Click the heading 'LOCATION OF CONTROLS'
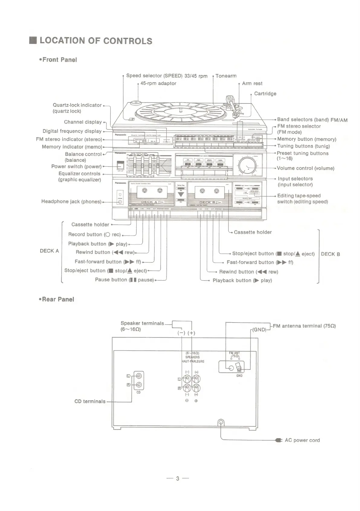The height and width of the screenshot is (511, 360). pyautogui.click(x=96, y=41)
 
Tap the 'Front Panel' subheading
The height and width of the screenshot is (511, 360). pyautogui.click(x=60, y=60)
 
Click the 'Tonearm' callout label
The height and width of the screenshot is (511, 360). pyautogui.click(x=226, y=76)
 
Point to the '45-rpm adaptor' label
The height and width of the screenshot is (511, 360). pyautogui.click(x=158, y=83)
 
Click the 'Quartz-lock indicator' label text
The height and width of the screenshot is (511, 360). pyautogui.click(x=77, y=105)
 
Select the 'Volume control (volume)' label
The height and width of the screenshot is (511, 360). pyautogui.click(x=306, y=168)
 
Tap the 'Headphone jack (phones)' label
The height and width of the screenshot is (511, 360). pyautogui.click(x=71, y=202)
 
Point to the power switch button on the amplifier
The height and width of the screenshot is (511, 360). pyautogui.click(x=121, y=165)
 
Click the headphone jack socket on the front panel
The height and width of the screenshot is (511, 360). pyautogui.click(x=120, y=202)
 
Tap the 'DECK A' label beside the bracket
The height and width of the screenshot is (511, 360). pyautogui.click(x=49, y=251)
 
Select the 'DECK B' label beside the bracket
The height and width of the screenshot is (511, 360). pyautogui.click(x=330, y=254)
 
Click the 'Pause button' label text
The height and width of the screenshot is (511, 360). pyautogui.click(x=124, y=280)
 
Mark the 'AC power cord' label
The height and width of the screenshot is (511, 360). pyautogui.click(x=302, y=440)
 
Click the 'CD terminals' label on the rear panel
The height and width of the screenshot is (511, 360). pyautogui.click(x=90, y=402)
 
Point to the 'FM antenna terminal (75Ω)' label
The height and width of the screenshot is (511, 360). pyautogui.click(x=304, y=326)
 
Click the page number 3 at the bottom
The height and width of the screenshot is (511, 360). pyautogui.click(x=178, y=478)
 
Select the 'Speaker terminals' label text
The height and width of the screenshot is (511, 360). pyautogui.click(x=142, y=323)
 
